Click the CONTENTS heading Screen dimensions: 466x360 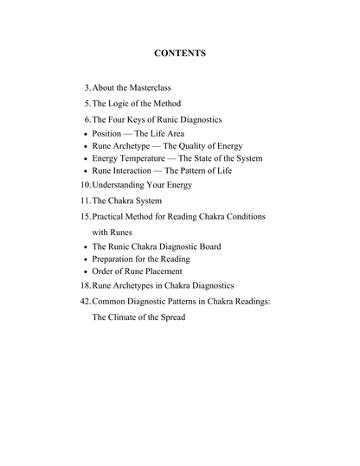tap(179, 54)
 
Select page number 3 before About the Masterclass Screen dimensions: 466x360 tap(87, 89)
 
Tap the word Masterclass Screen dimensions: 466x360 tap(158, 89)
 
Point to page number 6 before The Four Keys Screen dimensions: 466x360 tap(87, 119)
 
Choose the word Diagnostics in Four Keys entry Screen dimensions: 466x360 tap(199, 119)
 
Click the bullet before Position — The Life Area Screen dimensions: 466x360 tap(83, 135)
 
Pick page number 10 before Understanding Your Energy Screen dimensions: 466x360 tap(85, 186)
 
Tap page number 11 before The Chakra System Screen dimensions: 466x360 tap(85, 201)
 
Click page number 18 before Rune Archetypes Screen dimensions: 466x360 tap(85, 286)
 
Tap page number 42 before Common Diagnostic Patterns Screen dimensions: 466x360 tap(85, 302)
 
